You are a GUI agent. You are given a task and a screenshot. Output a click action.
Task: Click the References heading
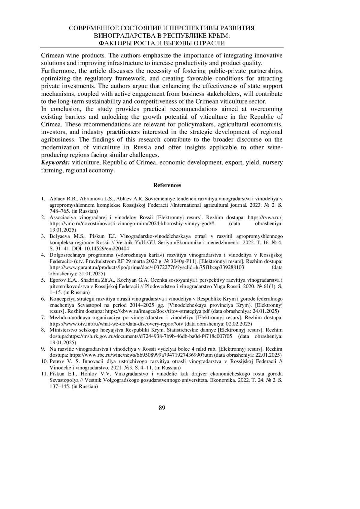(167, 185)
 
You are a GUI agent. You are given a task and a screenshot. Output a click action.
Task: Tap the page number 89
(162, 408)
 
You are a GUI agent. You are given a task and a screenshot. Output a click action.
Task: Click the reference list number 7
(43, 317)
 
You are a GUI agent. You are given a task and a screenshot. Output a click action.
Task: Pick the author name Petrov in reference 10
(56, 361)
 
